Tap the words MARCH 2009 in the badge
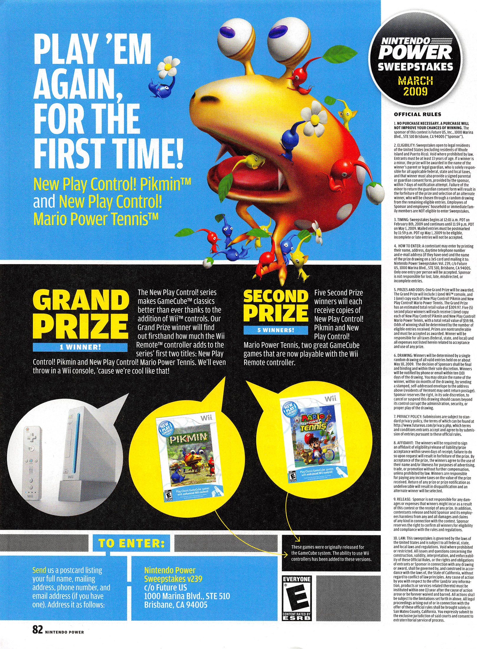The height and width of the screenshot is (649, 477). click(x=415, y=86)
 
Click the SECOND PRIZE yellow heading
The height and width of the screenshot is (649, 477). click(x=276, y=306)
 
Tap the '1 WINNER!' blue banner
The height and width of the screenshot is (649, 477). click(x=80, y=347)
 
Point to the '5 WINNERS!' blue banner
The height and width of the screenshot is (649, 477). click(x=276, y=330)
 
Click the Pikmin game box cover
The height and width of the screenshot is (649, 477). click(x=189, y=458)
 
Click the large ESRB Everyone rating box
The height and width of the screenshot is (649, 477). click(x=297, y=597)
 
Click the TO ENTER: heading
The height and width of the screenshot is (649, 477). click(x=132, y=543)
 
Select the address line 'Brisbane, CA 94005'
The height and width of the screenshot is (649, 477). click(x=176, y=605)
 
